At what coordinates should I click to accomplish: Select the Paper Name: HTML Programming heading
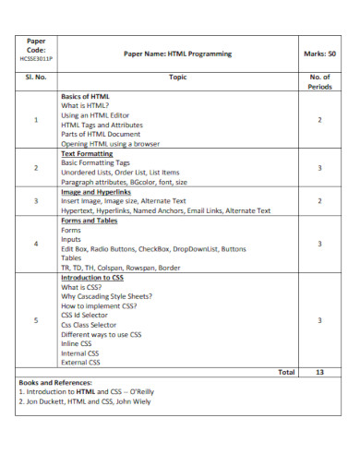click(x=177, y=54)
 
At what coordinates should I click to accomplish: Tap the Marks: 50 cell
click(x=318, y=54)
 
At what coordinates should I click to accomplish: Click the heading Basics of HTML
click(x=86, y=96)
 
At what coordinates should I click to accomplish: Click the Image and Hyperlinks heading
click(x=99, y=191)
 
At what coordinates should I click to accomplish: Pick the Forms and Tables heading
click(x=90, y=221)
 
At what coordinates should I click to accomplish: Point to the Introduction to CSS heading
click(x=92, y=277)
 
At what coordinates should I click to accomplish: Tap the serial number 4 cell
click(x=36, y=245)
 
